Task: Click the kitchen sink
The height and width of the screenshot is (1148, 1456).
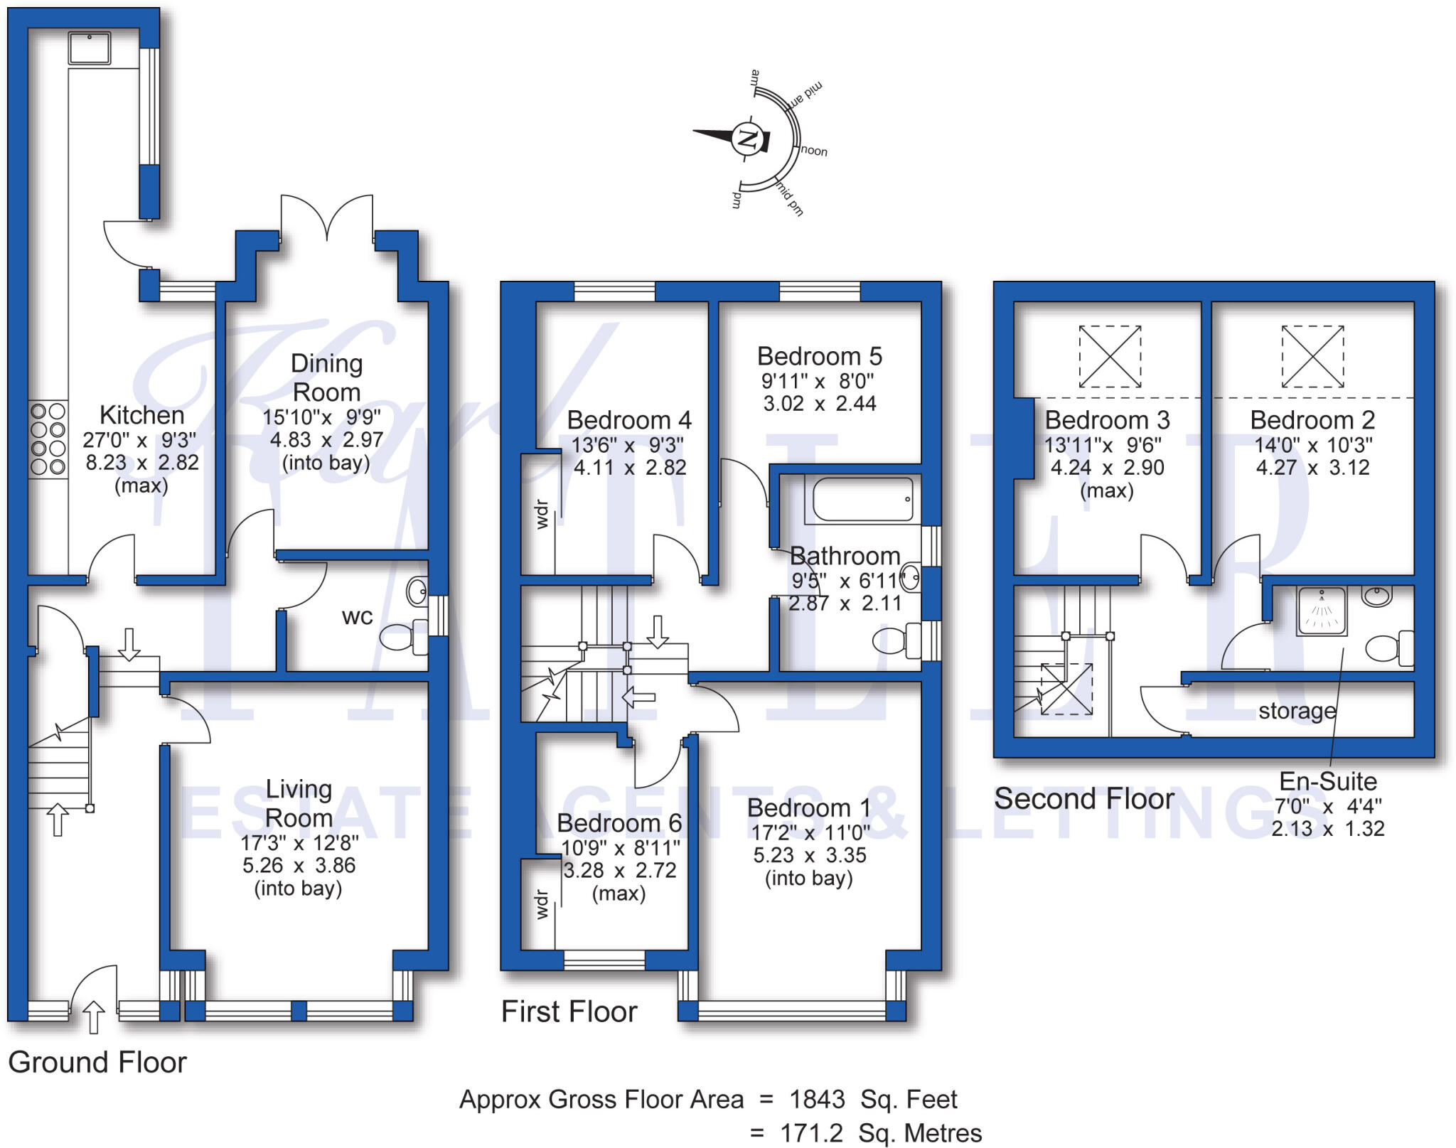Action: (90, 48)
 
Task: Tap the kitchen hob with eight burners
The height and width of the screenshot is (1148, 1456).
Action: (48, 439)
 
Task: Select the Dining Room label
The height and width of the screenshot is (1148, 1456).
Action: (326, 377)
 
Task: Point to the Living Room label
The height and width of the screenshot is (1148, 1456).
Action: (299, 803)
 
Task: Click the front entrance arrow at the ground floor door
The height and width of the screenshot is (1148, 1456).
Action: (94, 1016)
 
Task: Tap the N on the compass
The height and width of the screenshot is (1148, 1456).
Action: (748, 138)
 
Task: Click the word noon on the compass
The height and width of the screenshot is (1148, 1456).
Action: (814, 151)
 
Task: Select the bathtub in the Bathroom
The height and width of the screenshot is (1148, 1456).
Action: (862, 499)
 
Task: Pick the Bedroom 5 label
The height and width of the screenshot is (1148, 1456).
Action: (819, 355)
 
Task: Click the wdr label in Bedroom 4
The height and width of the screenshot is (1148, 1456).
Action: (542, 515)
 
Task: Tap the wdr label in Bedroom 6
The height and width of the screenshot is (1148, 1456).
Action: (542, 903)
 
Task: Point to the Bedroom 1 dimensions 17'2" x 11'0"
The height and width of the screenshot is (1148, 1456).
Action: (810, 832)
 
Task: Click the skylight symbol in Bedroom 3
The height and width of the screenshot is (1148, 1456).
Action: (1110, 356)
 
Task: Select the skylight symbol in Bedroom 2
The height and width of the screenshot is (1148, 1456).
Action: (1312, 356)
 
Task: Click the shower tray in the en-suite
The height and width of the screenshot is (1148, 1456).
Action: (1322, 611)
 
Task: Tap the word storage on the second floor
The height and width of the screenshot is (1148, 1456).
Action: (1297, 711)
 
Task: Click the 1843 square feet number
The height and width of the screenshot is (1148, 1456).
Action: (818, 1099)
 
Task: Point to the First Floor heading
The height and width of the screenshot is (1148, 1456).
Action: (569, 1011)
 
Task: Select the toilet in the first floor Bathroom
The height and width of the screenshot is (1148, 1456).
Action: (896, 640)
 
